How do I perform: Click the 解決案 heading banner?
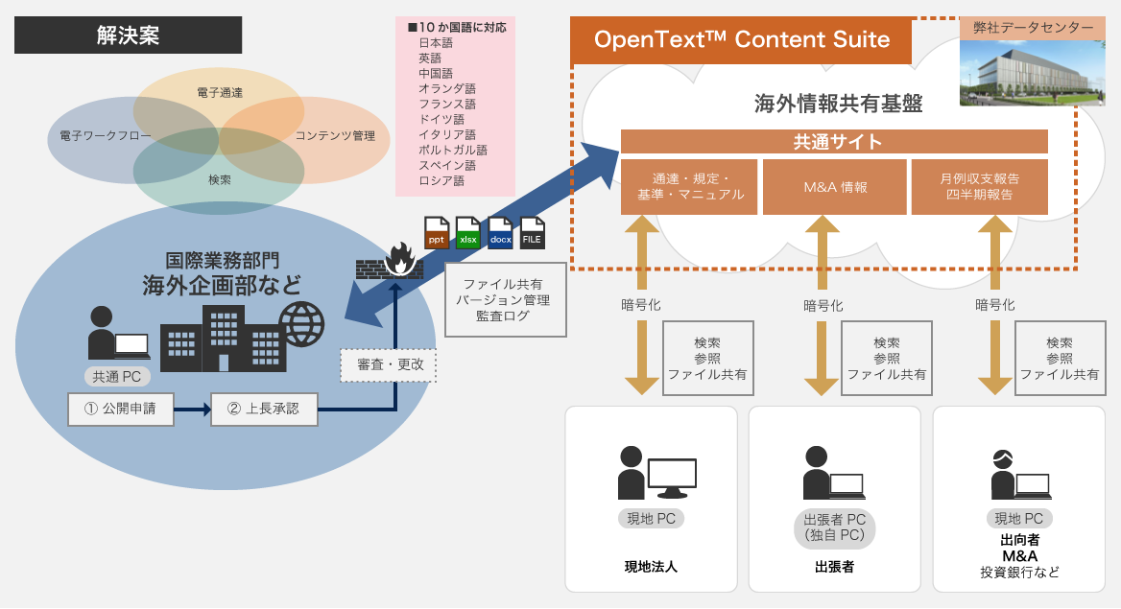pos(128,36)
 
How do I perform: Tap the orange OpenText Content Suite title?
pos(741,40)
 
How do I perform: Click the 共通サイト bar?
pos(834,142)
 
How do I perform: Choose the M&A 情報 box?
pos(834,187)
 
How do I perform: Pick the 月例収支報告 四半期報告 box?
pos(979,187)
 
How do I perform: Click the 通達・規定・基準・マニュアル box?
pos(689,187)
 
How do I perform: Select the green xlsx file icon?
pos(468,233)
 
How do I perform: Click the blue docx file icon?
pos(500,233)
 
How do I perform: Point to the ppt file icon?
pos(437,233)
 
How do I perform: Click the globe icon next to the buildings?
pos(300,324)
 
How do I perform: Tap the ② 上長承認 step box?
pos(263,409)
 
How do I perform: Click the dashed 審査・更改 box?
pos(389,365)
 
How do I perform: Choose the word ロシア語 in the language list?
pos(441,180)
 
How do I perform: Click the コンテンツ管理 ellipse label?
pos(334,136)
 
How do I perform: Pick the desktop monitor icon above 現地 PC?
pos(671,477)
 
